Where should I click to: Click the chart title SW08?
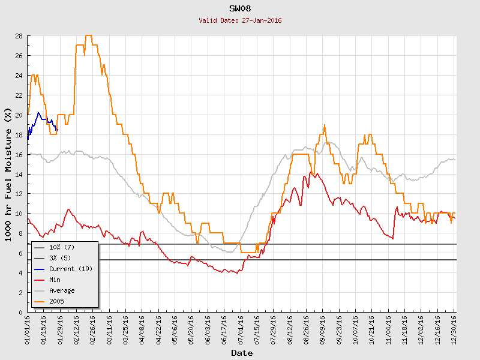tap(240, 9)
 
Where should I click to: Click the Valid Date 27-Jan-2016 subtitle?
tap(240, 20)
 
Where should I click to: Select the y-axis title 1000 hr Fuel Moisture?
tap(8, 174)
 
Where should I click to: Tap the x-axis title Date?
tap(242, 353)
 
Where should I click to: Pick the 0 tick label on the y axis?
tap(20, 312)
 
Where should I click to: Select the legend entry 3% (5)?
tap(60, 258)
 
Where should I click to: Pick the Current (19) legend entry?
tap(70, 269)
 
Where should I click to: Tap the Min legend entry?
tap(55, 280)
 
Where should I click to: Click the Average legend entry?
tap(62, 290)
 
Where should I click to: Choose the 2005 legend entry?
tap(56, 301)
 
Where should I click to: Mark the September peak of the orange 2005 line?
tap(325, 125)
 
